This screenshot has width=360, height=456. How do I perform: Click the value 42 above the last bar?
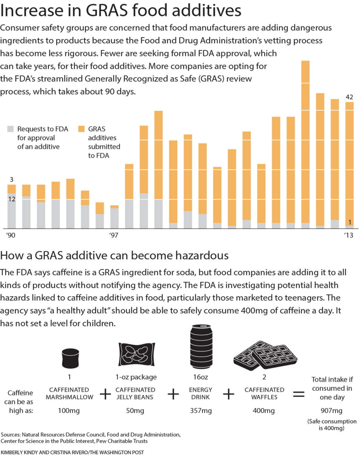pyautogui.click(x=349, y=97)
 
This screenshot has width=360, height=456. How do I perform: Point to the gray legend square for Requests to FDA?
pyautogui.click(x=11, y=129)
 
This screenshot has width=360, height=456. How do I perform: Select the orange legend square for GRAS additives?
pyautogui.click(x=82, y=129)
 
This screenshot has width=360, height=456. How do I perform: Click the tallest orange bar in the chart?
pyautogui.click(x=305, y=142)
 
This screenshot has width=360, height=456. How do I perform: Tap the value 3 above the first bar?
pyautogui.click(x=11, y=179)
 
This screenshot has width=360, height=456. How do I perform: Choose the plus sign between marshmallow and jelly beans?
pyautogui.click(x=105, y=394)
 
